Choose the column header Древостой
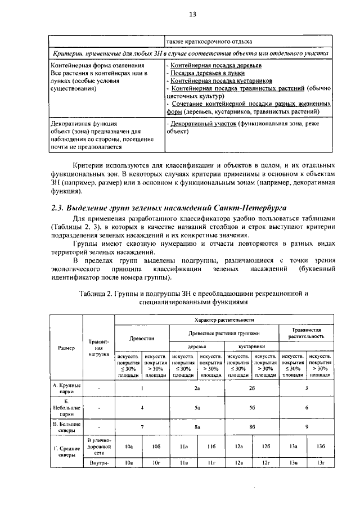142,339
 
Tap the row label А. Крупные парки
66,388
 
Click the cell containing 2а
197,388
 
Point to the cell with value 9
307,426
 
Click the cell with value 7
142,426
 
